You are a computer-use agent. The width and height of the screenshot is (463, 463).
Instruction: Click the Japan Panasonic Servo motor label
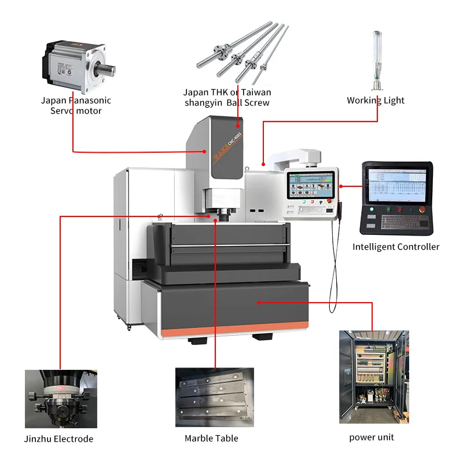click(x=75, y=105)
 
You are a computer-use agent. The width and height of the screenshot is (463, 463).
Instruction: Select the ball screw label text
click(x=227, y=97)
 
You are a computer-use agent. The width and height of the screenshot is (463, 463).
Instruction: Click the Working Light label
click(x=376, y=100)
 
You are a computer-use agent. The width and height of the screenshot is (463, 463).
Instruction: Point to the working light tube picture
click(x=376, y=58)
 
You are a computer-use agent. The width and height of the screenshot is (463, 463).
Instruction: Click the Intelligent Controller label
click(x=396, y=247)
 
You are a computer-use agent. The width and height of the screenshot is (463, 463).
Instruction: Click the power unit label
click(x=372, y=437)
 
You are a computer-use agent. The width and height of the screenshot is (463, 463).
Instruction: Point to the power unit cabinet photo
click(x=373, y=377)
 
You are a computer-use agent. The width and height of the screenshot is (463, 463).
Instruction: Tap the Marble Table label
click(x=211, y=438)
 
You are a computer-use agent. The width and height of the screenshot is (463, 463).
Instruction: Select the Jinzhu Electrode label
click(x=59, y=439)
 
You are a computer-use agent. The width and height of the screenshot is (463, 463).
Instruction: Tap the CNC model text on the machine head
click(x=234, y=139)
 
